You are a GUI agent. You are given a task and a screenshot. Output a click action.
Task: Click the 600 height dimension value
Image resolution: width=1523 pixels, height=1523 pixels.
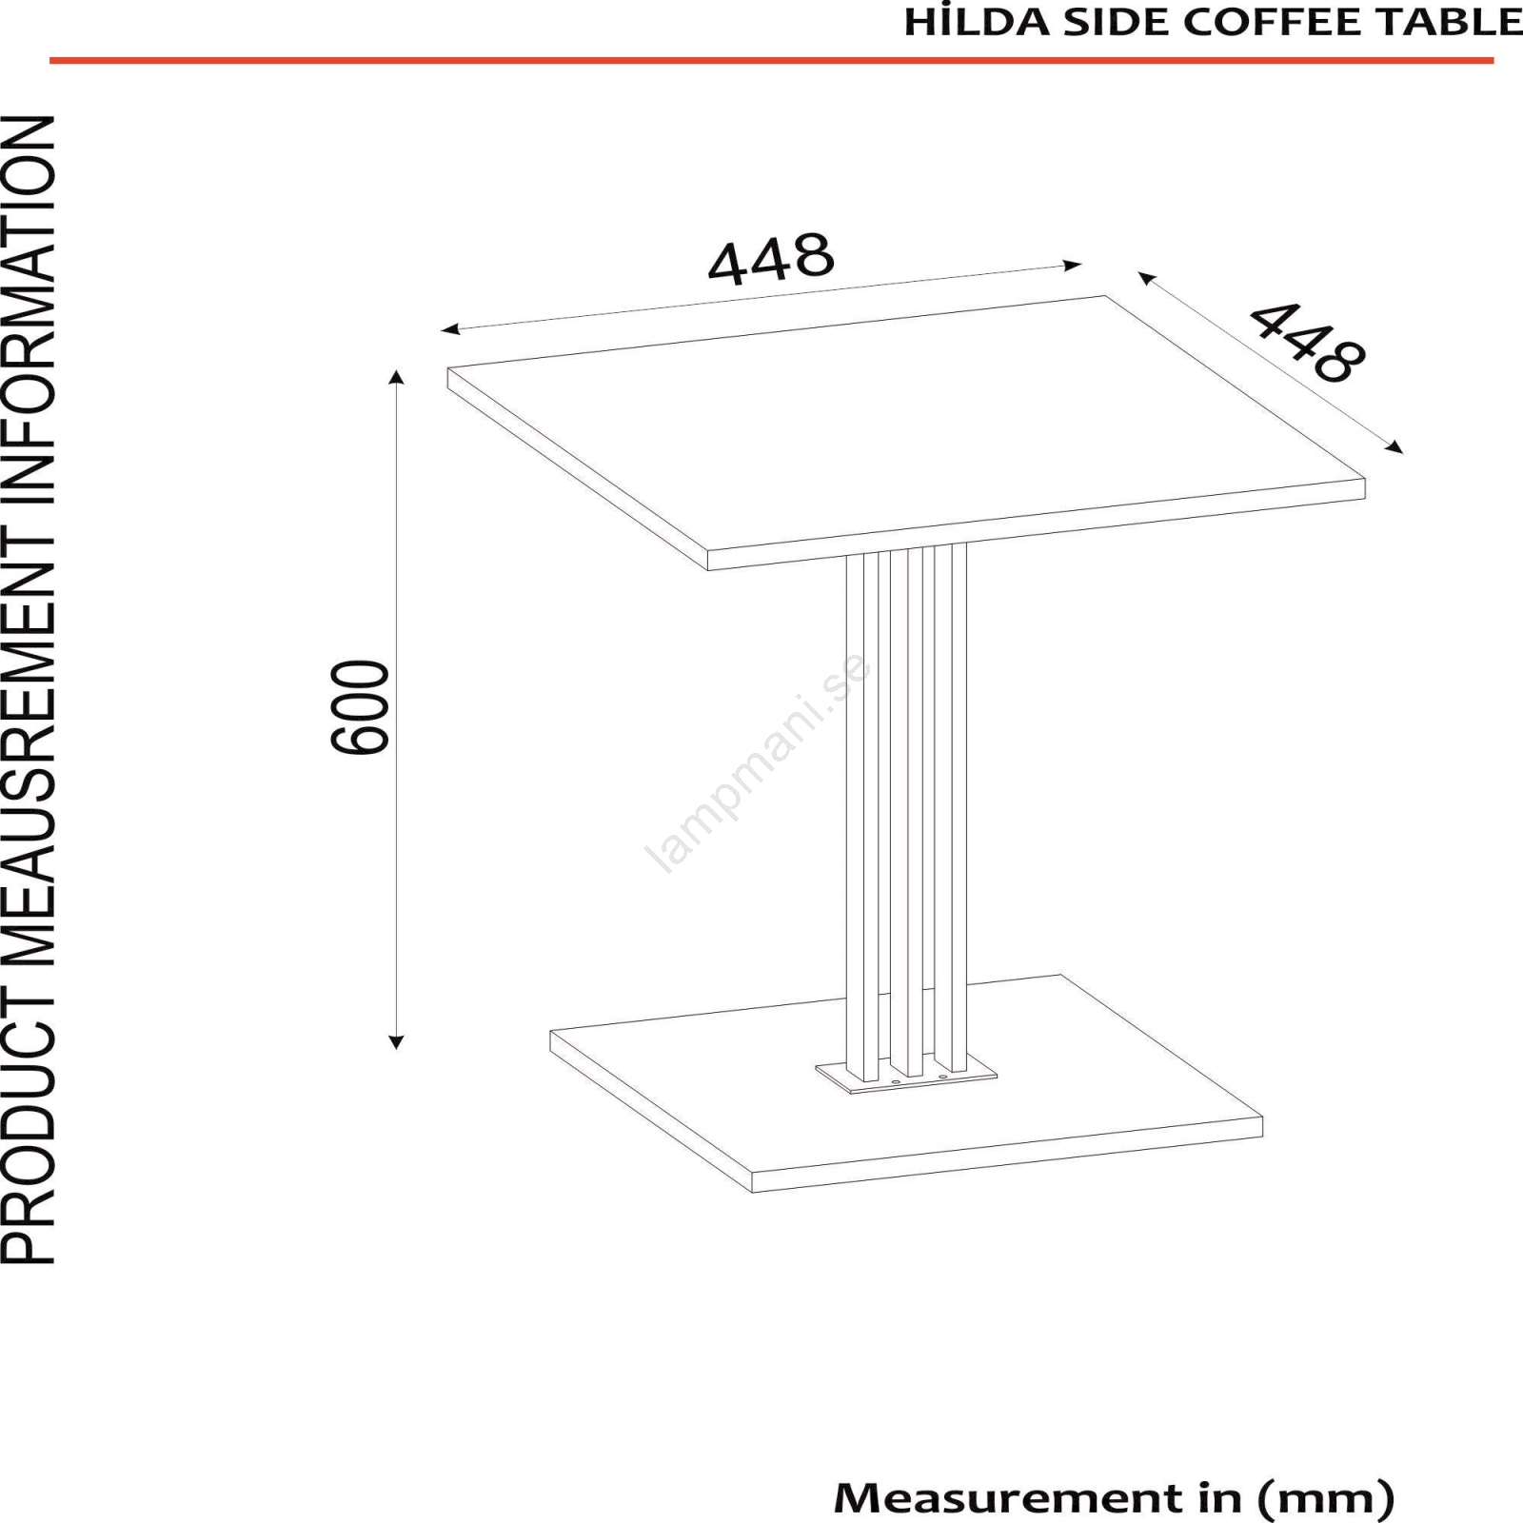pos(361,707)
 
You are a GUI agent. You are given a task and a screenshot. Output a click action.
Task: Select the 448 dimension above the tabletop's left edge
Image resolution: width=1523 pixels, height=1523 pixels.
pos(771,258)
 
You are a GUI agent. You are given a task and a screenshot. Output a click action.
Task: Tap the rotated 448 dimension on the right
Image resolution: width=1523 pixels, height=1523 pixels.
pos(1307,342)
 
